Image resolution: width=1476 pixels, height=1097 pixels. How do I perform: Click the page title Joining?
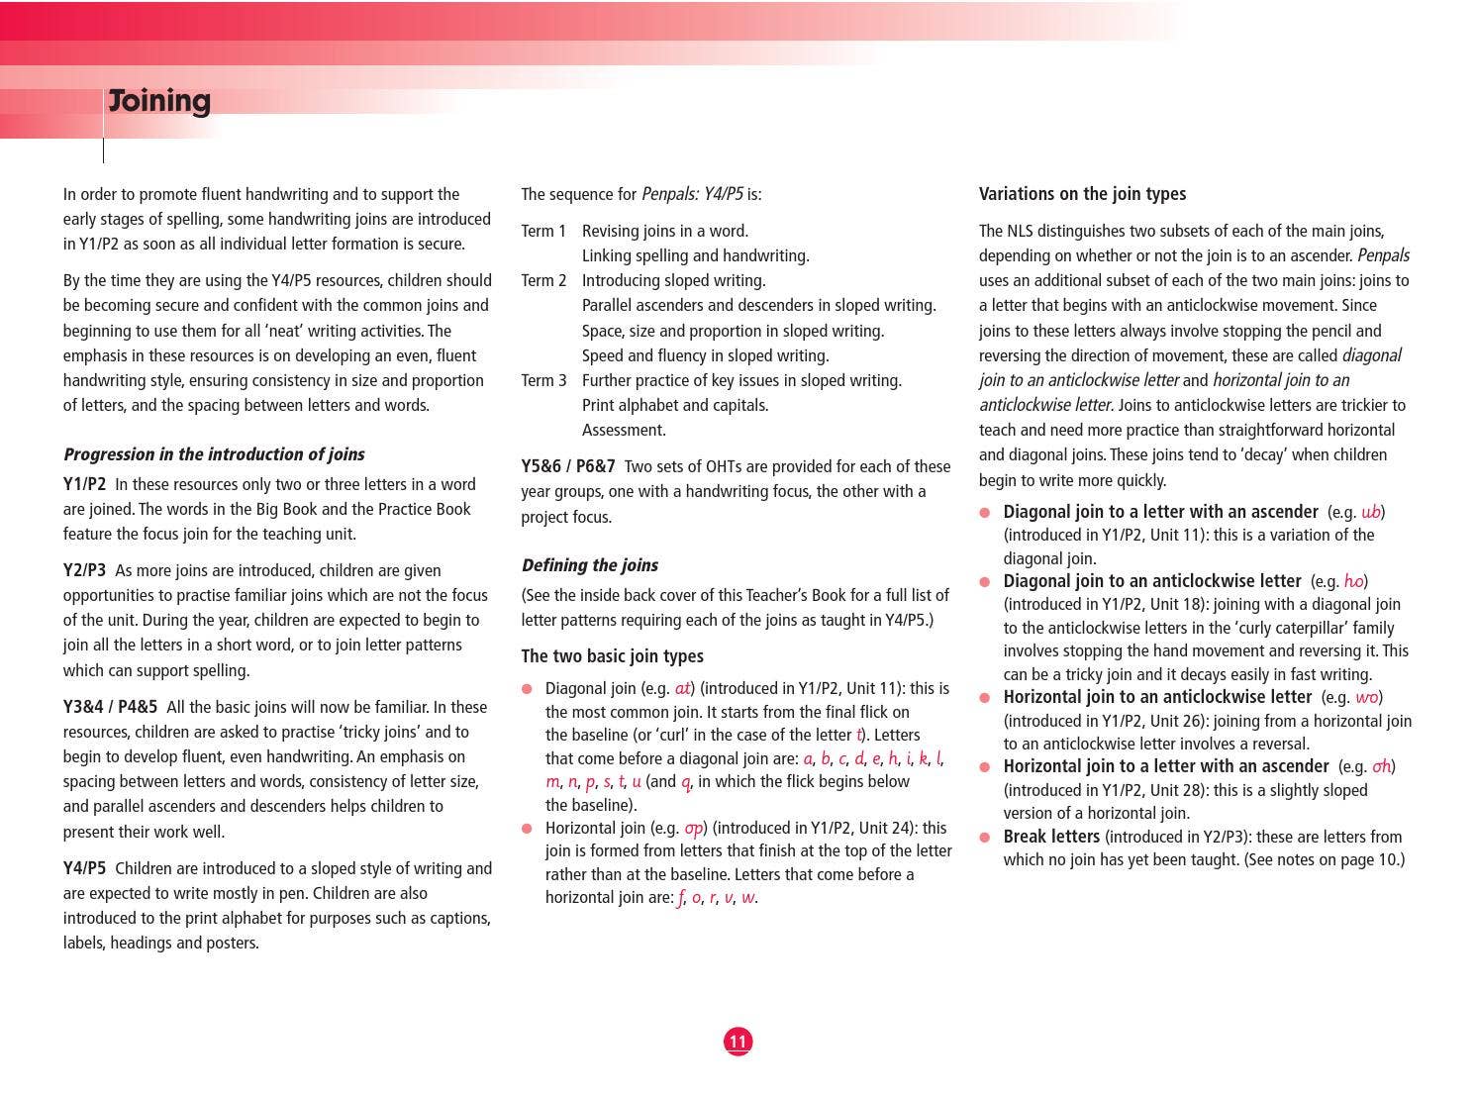coord(159,101)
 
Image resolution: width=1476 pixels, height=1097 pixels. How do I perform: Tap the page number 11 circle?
coord(738,1041)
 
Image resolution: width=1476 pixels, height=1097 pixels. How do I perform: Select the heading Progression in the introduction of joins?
coord(214,454)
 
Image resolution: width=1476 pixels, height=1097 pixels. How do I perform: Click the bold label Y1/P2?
coord(84,484)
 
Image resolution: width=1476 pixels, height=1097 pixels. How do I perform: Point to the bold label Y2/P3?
coord(84,570)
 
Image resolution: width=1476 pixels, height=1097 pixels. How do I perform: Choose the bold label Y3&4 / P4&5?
coord(110,707)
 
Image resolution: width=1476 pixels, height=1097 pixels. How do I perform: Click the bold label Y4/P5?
coord(84,868)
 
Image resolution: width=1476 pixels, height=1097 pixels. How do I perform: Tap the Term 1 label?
coord(543,231)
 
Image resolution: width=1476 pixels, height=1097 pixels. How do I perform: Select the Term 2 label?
coord(543,280)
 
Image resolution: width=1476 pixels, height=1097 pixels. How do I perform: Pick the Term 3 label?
coord(543,380)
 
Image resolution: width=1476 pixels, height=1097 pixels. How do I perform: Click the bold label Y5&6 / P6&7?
coord(568,466)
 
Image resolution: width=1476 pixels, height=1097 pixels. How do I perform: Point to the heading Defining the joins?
coord(589,565)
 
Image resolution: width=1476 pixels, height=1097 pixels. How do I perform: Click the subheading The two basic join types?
coord(612,656)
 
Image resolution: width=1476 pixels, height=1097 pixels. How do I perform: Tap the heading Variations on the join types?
coord(1082,194)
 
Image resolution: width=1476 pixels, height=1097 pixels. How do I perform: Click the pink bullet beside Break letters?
coord(985,837)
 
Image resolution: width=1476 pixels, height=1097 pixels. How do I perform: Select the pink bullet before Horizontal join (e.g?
coord(527,828)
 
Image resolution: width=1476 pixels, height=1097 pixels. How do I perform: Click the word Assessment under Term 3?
coord(624,430)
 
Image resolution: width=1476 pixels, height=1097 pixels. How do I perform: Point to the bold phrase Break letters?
coord(1051,837)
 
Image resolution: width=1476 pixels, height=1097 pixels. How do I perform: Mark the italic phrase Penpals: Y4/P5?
coord(692,194)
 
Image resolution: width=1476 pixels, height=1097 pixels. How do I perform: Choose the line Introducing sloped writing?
coord(673,280)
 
